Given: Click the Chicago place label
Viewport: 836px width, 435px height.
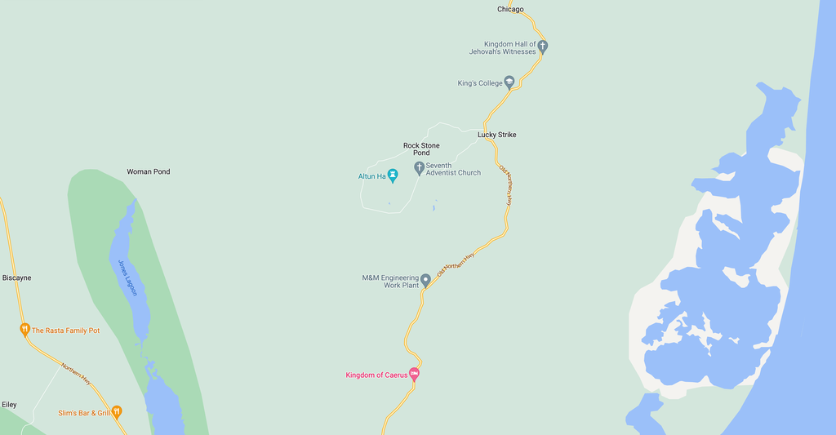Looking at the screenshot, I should pyautogui.click(x=510, y=10).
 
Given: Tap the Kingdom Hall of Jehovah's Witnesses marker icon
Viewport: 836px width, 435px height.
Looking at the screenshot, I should pyautogui.click(x=542, y=47).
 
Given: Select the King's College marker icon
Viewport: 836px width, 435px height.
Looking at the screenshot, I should pyautogui.click(x=509, y=82).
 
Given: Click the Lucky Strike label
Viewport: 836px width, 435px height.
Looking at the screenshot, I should pyautogui.click(x=496, y=135).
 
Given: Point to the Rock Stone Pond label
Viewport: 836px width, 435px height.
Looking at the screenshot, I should pyautogui.click(x=421, y=149).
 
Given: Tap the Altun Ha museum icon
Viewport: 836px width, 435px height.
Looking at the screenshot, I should pyautogui.click(x=393, y=175).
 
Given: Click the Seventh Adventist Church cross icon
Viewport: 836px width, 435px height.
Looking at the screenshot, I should pyautogui.click(x=419, y=168).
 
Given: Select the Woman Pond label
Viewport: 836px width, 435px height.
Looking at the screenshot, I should pyautogui.click(x=149, y=172).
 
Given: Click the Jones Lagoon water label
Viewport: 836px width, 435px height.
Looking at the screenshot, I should pyautogui.click(x=128, y=277).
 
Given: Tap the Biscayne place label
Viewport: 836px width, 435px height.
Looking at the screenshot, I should pyautogui.click(x=16, y=278).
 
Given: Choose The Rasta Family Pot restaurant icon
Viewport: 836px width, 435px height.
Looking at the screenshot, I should pyautogui.click(x=24, y=330).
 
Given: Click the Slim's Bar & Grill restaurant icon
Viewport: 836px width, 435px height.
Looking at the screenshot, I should pyautogui.click(x=117, y=412).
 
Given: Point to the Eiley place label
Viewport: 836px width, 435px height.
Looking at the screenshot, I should pyautogui.click(x=9, y=405).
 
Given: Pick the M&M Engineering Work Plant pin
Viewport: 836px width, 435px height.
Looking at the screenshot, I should pyautogui.click(x=425, y=280).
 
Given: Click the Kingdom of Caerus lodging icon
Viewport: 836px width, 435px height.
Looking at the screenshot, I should pyautogui.click(x=414, y=375).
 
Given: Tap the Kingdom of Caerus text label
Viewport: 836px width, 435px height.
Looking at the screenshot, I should pyautogui.click(x=376, y=375).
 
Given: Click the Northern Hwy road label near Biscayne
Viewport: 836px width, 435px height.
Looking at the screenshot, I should pyautogui.click(x=76, y=374).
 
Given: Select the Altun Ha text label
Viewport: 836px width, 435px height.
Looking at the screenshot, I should pyautogui.click(x=371, y=175).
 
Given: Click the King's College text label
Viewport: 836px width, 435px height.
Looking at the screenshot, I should pyautogui.click(x=479, y=83).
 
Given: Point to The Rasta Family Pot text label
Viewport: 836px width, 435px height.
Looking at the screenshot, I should pyautogui.click(x=65, y=331).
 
